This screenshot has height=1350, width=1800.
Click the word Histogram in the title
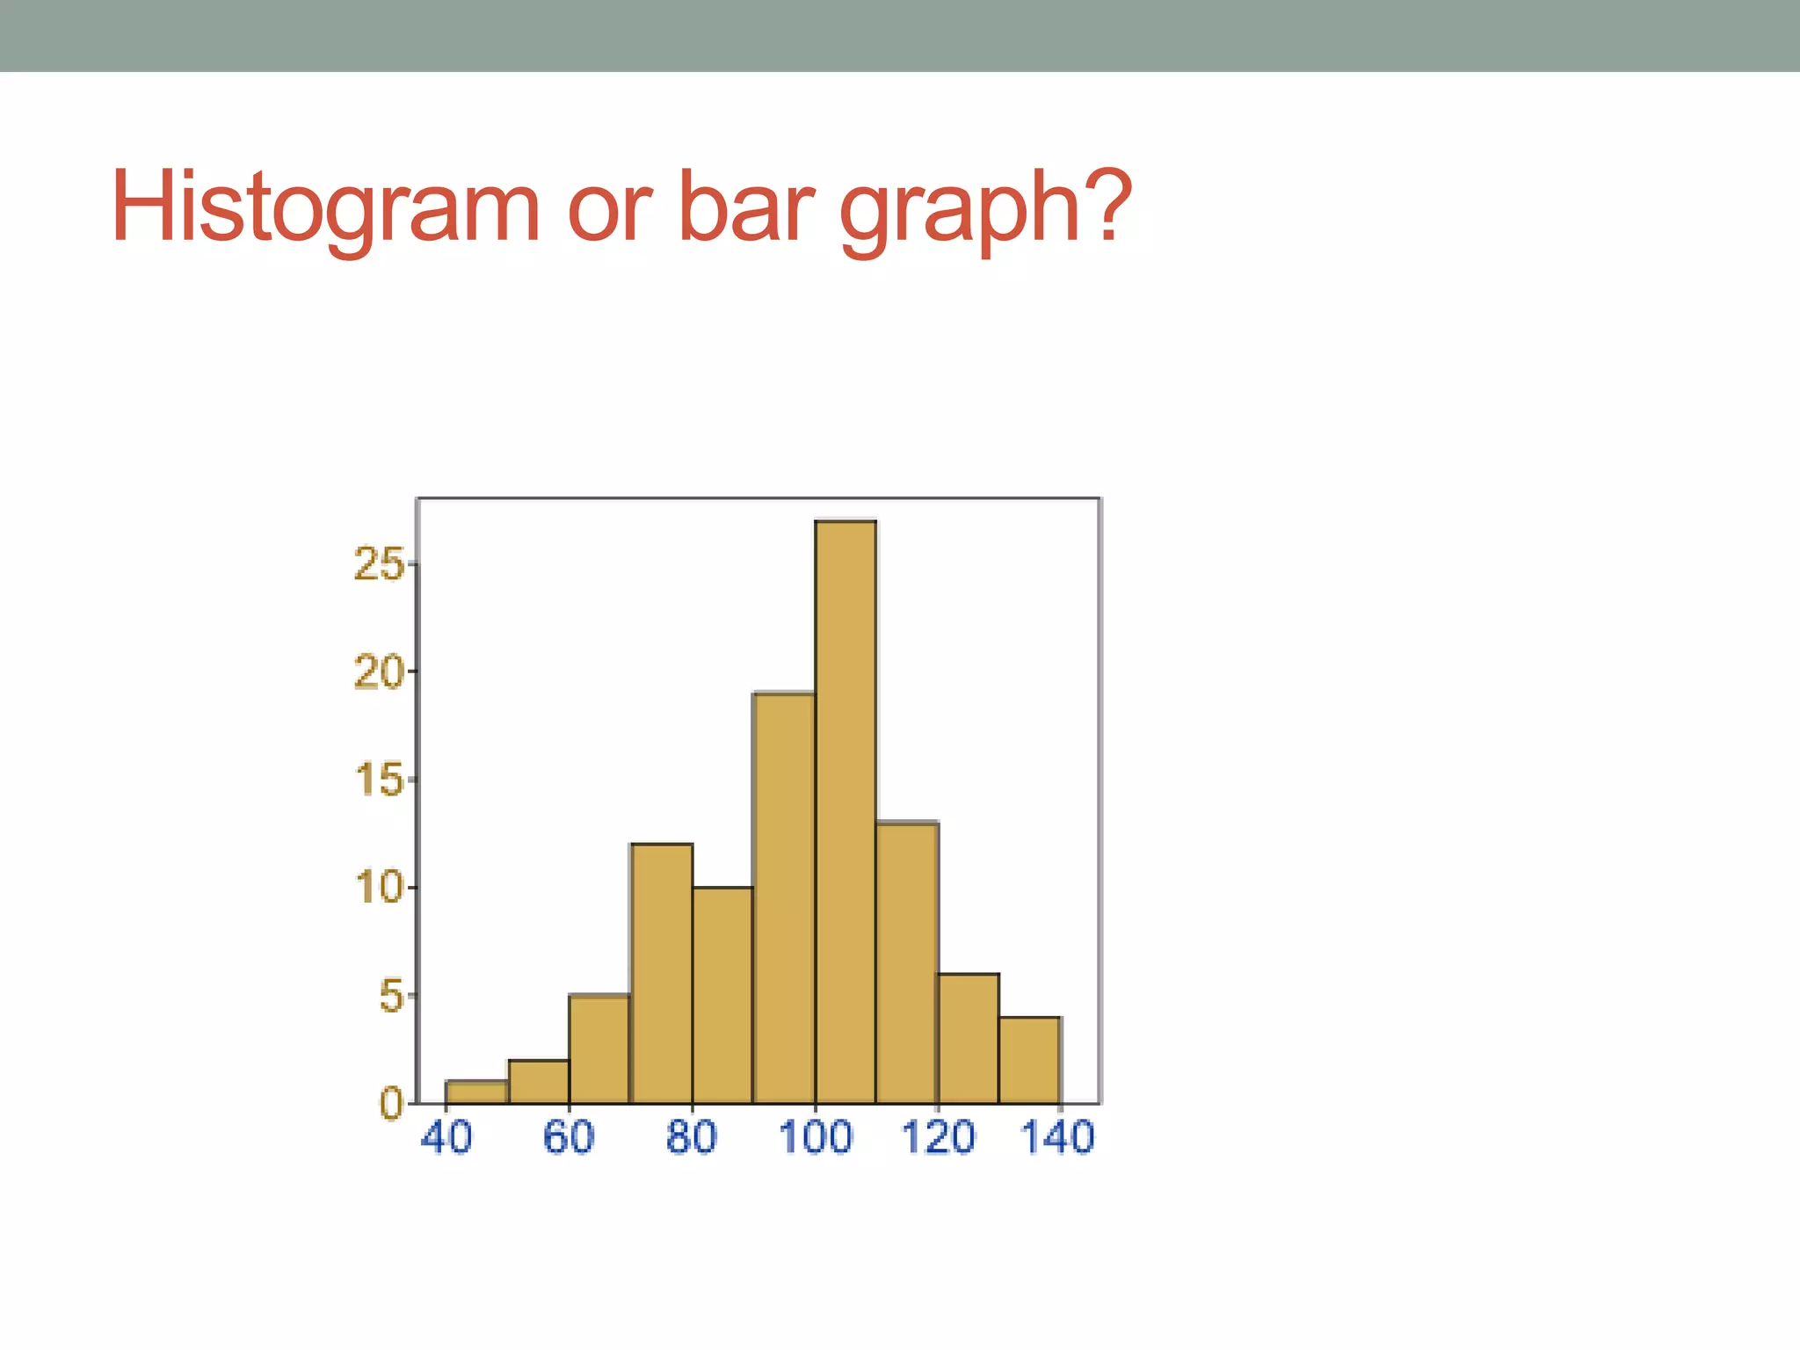(x=325, y=209)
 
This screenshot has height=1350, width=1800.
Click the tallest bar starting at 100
(x=846, y=813)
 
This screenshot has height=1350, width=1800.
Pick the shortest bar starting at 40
(x=477, y=1092)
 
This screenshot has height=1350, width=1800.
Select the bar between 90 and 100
(x=784, y=896)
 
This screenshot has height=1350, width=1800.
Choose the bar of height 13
(x=907, y=962)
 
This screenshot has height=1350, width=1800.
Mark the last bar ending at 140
(x=1030, y=1060)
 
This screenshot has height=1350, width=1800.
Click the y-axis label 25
(x=379, y=564)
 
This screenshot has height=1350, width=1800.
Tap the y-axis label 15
(x=379, y=780)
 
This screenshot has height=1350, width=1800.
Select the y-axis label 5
(x=392, y=997)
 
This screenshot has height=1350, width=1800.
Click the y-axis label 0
(x=392, y=1104)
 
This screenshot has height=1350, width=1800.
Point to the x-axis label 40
(x=446, y=1137)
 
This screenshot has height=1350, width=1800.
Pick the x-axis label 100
(x=815, y=1137)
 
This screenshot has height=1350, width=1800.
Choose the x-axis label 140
(x=1057, y=1137)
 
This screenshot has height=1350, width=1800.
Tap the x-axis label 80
(x=692, y=1137)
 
